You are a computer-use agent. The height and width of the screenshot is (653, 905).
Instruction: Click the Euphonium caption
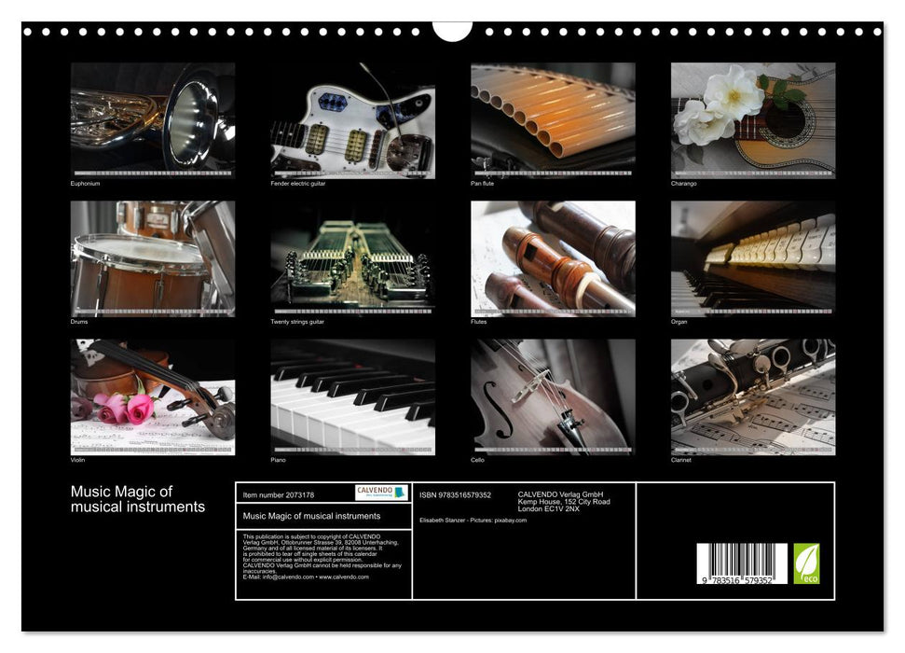tap(85, 184)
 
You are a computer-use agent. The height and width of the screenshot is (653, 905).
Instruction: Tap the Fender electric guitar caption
tap(297, 184)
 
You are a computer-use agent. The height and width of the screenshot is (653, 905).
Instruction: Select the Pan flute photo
tap(553, 119)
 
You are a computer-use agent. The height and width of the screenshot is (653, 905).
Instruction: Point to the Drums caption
tap(79, 322)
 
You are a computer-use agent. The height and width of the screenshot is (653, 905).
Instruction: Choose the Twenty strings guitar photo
tap(352, 257)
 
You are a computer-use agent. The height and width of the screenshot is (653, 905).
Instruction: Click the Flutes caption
tap(479, 322)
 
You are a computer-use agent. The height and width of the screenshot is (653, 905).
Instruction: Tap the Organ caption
tap(679, 322)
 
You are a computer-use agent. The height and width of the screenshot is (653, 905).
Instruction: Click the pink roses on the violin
tap(123, 408)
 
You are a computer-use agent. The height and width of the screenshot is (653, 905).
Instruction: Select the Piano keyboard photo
tap(352, 396)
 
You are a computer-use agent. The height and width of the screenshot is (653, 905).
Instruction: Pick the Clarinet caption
tap(681, 460)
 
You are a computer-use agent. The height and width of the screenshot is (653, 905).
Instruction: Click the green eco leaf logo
tap(806, 563)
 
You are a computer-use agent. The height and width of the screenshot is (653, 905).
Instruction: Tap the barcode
tap(742, 563)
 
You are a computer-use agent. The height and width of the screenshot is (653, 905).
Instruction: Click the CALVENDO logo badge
tap(381, 493)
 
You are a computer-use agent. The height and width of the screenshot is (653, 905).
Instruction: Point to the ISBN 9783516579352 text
tap(455, 495)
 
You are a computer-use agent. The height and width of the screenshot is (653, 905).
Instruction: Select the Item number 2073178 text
tap(278, 495)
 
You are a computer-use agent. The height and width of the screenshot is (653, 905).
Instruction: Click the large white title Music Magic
tap(138, 499)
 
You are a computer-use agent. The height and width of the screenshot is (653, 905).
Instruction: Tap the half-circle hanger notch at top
tap(452, 32)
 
